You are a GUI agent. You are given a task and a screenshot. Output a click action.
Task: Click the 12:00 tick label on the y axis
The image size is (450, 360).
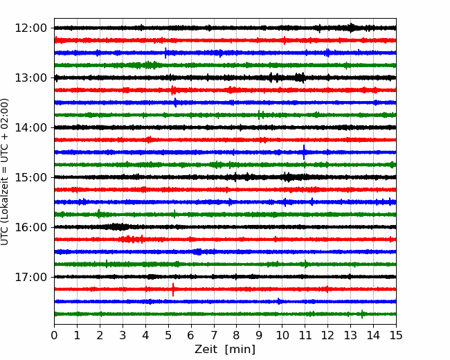click(x=30, y=28)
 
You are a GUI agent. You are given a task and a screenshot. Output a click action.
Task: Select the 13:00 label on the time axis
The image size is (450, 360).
click(x=30, y=78)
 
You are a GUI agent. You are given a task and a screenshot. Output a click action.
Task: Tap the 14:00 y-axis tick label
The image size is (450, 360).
click(x=30, y=127)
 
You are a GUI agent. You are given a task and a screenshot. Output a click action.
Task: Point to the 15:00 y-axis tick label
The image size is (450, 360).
click(x=30, y=177)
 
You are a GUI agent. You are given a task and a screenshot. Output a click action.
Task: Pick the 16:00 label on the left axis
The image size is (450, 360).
click(x=30, y=227)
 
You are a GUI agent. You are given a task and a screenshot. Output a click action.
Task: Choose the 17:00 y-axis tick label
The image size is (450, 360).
click(x=30, y=277)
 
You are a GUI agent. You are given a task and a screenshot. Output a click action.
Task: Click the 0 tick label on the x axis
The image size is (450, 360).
click(x=54, y=335)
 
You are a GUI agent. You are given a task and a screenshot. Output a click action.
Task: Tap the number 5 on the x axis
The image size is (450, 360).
click(x=168, y=335)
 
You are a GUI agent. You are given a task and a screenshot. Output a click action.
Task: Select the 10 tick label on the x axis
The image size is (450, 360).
click(x=282, y=335)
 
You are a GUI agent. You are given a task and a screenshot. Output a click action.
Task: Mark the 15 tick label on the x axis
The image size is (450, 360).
click(x=396, y=335)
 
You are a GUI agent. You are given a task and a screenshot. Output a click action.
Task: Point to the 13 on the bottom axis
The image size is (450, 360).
click(x=350, y=335)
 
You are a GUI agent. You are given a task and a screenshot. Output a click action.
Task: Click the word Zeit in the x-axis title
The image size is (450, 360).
click(x=206, y=350)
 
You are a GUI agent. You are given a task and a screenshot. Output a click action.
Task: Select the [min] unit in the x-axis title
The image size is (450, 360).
click(x=240, y=350)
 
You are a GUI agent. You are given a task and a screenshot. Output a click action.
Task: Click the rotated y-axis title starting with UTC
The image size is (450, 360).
click(x=5, y=172)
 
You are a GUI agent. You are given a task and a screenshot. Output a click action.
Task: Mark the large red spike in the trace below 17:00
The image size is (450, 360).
click(x=173, y=289)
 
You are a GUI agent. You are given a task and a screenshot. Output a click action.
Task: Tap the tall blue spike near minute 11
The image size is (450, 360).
click(x=304, y=152)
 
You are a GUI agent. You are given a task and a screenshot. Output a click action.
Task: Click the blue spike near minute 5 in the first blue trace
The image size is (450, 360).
click(x=165, y=53)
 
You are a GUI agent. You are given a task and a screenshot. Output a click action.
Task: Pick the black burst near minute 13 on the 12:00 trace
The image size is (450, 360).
click(x=351, y=28)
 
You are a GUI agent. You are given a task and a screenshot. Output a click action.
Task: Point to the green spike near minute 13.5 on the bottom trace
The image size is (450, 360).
click(x=362, y=314)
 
